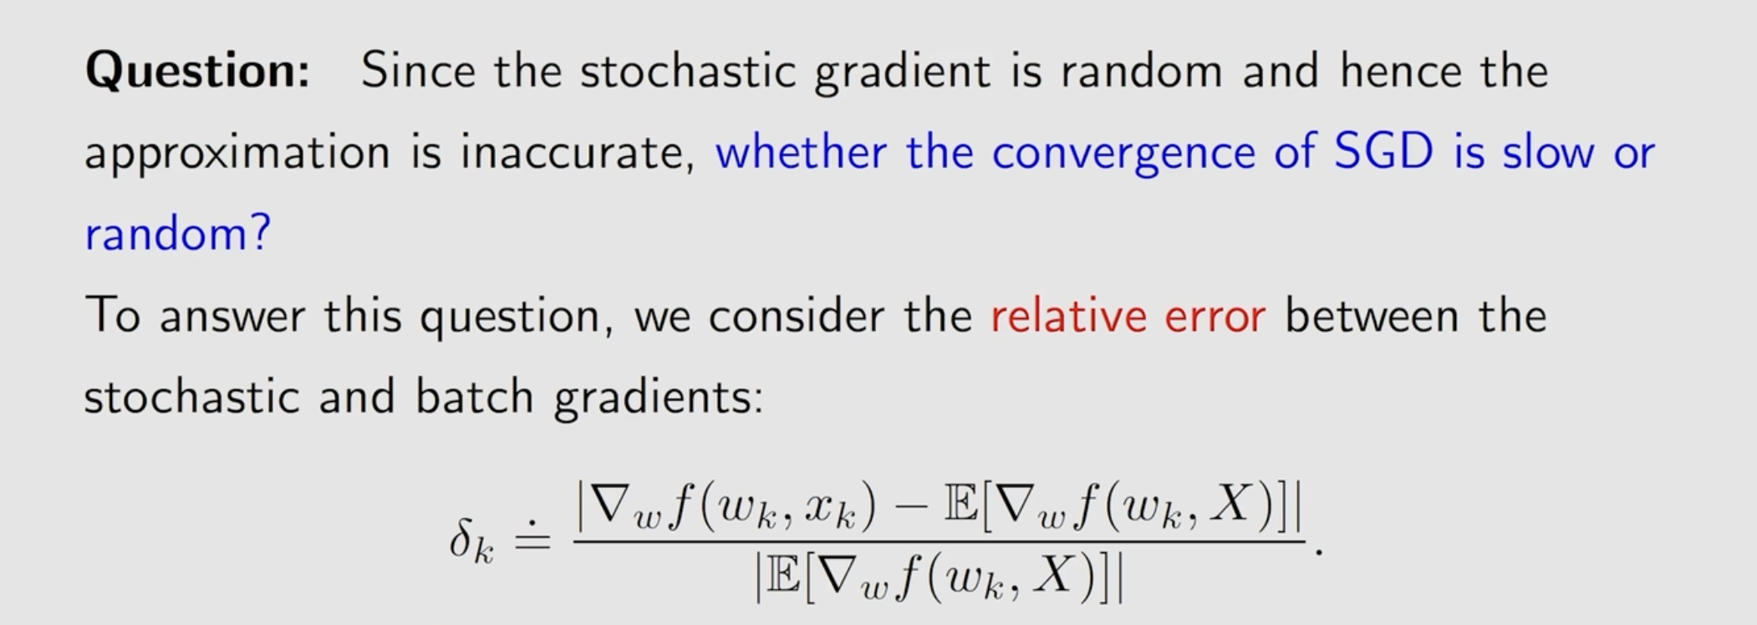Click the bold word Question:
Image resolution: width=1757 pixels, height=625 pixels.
coord(197,71)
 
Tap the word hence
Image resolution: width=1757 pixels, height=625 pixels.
coord(1401,69)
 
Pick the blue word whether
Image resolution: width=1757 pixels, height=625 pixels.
coord(801,151)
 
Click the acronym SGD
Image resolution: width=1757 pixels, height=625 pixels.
coord(1383,151)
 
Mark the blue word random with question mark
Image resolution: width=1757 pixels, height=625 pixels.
coord(178,233)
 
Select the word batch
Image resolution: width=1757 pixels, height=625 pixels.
coord(474,396)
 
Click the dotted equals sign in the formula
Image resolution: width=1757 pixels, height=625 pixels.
coord(532,539)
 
